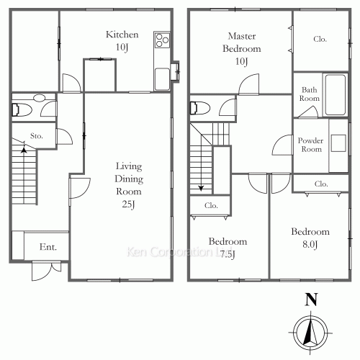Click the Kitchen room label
coord(122,35)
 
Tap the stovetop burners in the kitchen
coord(162,40)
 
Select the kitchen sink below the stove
coord(162,78)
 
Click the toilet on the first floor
coord(22,110)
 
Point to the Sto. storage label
coord(37,136)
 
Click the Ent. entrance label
coord(48,247)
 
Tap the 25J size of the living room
coord(128,204)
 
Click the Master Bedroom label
coord(242,42)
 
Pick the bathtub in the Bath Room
coord(336,94)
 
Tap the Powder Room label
coord(311,145)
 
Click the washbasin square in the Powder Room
coord(338,143)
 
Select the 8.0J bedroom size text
coord(310,244)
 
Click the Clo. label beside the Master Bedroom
coord(320,39)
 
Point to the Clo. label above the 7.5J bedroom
coord(211,205)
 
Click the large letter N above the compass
coord(311,300)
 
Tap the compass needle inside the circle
coord(310,333)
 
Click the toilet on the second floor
coord(200,108)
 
